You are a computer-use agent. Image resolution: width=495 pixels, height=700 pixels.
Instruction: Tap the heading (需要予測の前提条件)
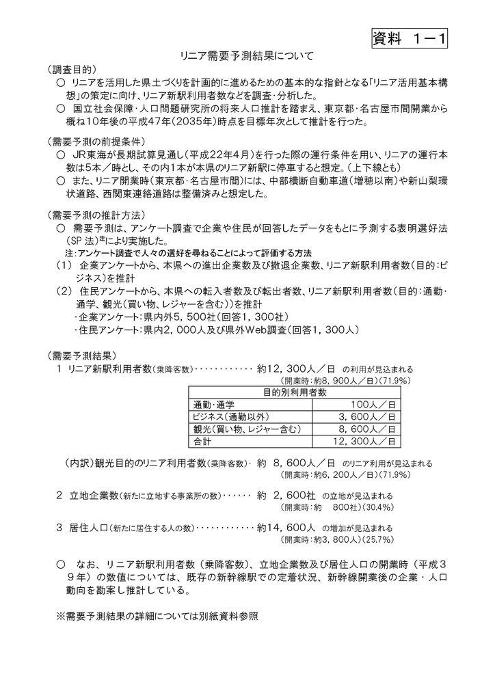[x=95, y=142]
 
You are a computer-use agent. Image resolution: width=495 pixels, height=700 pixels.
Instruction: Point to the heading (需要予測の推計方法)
[x=95, y=213]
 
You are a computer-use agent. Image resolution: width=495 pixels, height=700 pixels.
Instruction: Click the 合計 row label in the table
[x=203, y=441]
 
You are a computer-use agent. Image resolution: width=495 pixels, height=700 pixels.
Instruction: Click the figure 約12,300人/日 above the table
[x=296, y=368]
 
